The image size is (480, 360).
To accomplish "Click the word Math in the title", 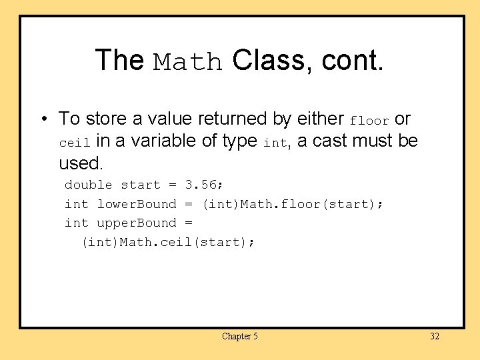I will (x=189, y=62).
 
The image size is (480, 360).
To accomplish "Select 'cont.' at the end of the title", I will (x=353, y=61).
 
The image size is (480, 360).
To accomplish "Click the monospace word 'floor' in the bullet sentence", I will (x=369, y=121).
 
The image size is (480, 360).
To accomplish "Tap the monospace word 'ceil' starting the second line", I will (x=74, y=143).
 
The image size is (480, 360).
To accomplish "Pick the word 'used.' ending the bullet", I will (x=81, y=163).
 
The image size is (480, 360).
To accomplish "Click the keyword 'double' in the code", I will (x=88, y=185).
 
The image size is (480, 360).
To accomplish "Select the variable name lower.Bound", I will (x=137, y=204).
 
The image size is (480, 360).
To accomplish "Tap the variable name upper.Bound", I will (x=137, y=223).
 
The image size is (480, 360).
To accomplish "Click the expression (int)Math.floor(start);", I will (x=292, y=204).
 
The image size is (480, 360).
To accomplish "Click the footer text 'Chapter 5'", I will (x=239, y=337).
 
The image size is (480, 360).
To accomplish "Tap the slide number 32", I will (x=435, y=337).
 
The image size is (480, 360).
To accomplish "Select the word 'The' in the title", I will (x=119, y=60).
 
